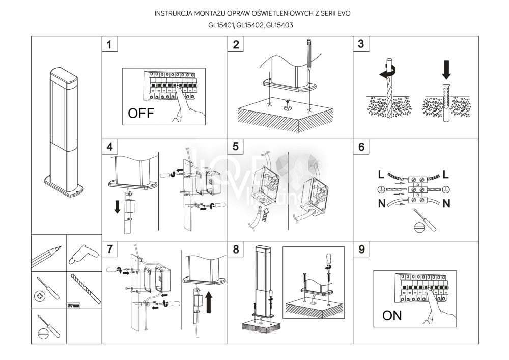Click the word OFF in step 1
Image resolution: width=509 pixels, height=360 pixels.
pos(140,113)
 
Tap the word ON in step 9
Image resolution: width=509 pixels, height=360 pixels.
pos(392,315)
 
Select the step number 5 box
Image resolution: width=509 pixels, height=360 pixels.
pos(236,147)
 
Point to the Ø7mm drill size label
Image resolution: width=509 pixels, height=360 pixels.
pos(74,306)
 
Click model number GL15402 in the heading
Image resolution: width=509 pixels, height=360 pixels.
pos(253,25)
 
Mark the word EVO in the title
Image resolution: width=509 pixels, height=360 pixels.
pos(343,12)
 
